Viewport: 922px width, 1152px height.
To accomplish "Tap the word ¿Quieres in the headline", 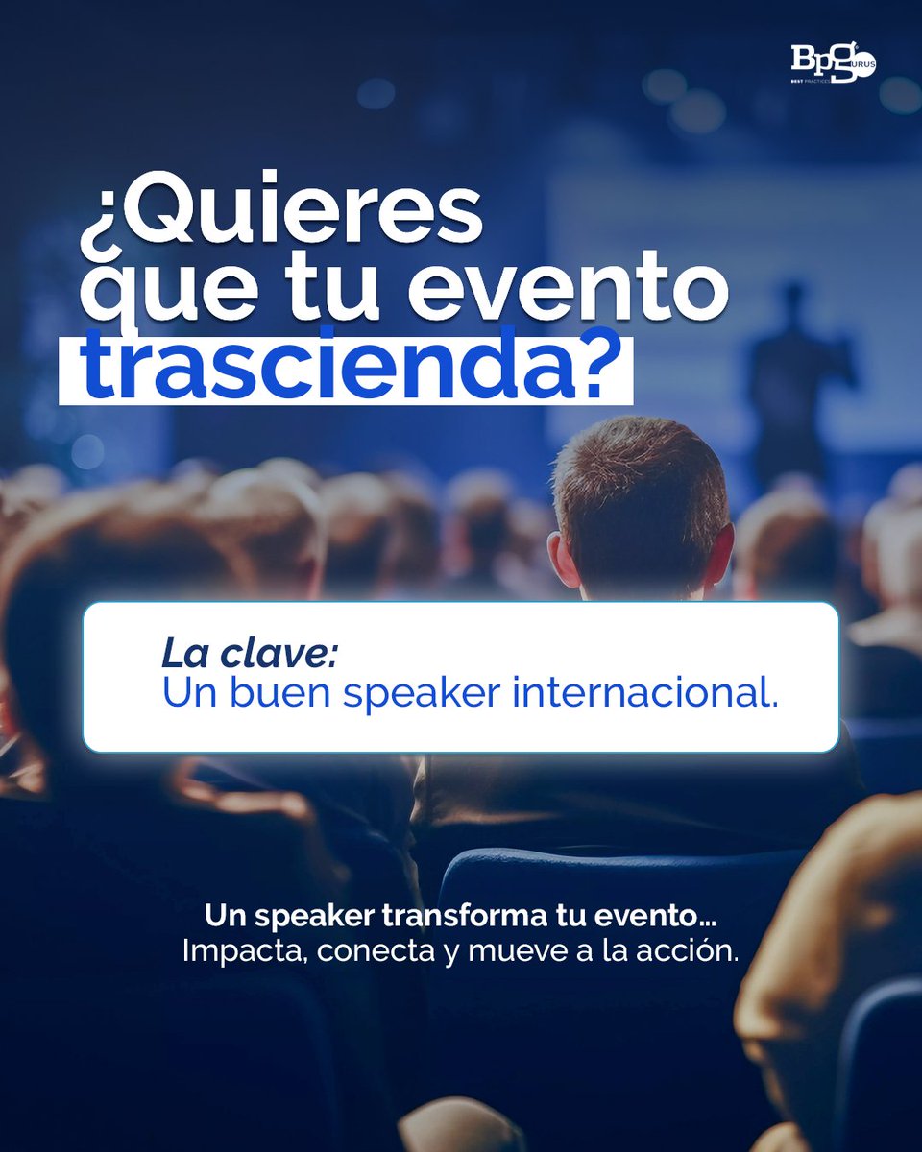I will pos(280,215).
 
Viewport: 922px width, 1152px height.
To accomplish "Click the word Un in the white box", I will pos(188,693).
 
